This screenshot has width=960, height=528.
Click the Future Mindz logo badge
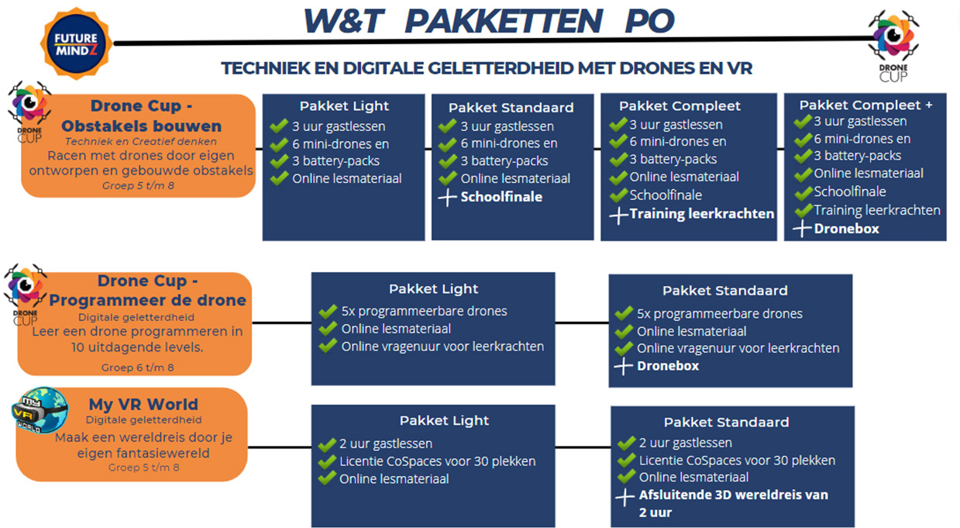76,44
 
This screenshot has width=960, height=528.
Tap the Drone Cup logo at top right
893,46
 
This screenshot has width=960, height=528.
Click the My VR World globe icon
40,410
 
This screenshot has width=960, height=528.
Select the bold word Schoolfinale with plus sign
501,197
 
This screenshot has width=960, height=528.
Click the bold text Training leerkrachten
701,213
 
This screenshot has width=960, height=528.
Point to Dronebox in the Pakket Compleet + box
846,229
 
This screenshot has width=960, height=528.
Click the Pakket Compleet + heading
865,105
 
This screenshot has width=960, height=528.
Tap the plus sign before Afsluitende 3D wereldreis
625,497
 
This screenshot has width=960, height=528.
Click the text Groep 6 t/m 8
138,368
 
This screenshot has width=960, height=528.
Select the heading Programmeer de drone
147,300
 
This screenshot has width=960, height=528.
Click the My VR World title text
143,404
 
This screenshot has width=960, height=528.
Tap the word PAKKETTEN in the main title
503,22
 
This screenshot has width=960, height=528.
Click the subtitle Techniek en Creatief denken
140,142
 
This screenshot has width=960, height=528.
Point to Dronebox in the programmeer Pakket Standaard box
668,366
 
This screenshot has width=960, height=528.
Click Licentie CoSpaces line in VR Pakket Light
438,461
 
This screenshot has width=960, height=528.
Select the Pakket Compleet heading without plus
680,106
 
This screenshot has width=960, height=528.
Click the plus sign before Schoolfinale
447,198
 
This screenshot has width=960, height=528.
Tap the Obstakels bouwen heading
142,126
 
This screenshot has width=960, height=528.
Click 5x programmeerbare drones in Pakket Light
424,311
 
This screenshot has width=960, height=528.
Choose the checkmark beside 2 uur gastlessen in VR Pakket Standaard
627,443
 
